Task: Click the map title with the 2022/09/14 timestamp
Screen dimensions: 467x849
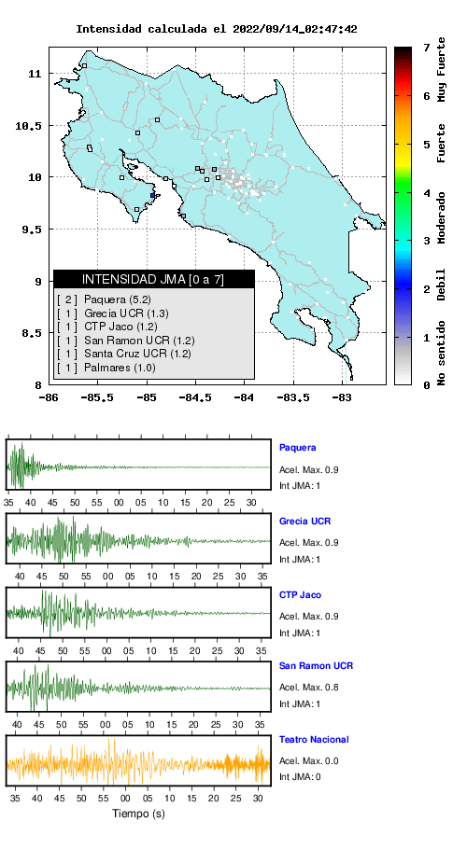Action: (x=216, y=29)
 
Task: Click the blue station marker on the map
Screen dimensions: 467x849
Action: (x=153, y=196)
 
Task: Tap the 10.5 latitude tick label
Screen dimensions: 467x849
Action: (x=28, y=126)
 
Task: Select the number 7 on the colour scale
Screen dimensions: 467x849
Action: (x=427, y=49)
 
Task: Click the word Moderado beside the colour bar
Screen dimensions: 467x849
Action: (x=442, y=217)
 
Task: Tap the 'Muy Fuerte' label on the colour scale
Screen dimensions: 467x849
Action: (x=442, y=69)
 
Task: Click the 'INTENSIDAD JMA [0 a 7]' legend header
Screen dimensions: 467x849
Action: (x=153, y=279)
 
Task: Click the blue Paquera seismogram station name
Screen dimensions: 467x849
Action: (x=297, y=448)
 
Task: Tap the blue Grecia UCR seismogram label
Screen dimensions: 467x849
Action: (x=304, y=522)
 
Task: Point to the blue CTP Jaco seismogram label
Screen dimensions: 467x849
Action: (x=300, y=595)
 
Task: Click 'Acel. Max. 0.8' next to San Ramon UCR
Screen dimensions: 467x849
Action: (x=309, y=687)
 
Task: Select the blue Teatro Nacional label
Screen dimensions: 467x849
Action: (x=314, y=739)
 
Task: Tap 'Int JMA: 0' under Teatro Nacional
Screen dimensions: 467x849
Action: (x=300, y=777)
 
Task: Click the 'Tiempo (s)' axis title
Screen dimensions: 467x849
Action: (x=138, y=814)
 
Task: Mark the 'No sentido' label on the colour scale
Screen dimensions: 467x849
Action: (x=442, y=353)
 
